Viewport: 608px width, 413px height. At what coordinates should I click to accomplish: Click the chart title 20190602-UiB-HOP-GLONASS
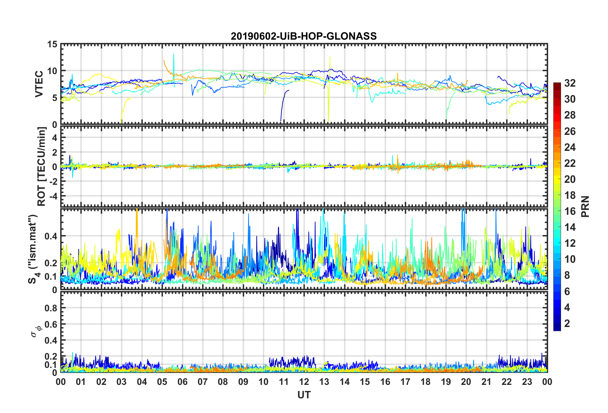tap(304, 36)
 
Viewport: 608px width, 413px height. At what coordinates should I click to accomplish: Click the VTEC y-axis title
tap(39, 84)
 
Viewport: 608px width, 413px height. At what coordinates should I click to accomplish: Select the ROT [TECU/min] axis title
tap(42, 167)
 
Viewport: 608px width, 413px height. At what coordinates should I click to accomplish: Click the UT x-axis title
tap(304, 395)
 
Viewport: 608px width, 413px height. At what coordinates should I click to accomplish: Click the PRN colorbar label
tap(585, 207)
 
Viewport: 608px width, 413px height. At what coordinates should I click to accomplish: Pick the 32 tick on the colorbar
tap(570, 83)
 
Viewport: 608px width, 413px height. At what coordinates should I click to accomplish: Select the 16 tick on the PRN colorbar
tap(570, 211)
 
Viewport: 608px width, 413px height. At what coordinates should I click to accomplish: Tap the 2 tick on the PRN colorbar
tap(567, 323)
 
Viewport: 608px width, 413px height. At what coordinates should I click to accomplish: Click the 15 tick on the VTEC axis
tap(52, 44)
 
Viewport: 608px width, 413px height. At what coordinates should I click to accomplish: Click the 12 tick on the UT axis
tap(304, 382)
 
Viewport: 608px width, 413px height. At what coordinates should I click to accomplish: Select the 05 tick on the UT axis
tap(162, 382)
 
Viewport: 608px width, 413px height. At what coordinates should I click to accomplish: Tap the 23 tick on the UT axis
tap(527, 382)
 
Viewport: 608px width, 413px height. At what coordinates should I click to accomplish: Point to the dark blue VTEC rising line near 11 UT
tap(283, 102)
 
